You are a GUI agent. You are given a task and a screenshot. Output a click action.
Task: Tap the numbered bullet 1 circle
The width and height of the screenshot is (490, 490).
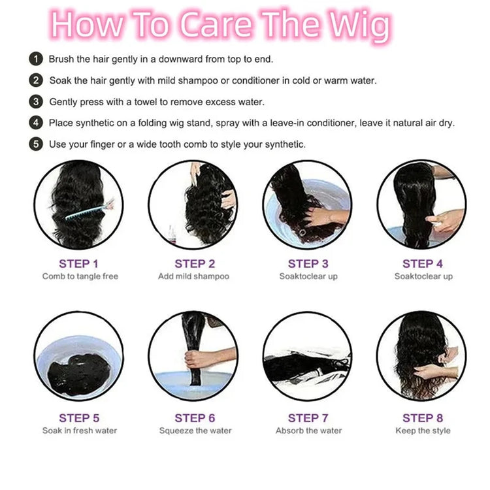pos(36,59)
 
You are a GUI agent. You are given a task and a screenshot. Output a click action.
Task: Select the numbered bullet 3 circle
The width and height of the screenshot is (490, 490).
pos(36,102)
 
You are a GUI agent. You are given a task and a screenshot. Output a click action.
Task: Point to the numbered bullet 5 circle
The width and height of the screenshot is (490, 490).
pos(36,144)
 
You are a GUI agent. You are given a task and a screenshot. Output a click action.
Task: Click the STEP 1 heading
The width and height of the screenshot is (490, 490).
pos(79,264)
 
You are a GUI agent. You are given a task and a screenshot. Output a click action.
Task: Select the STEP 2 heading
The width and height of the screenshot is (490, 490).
pos(195,264)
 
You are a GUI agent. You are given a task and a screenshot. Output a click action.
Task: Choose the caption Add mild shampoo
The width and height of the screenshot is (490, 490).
pos(194,276)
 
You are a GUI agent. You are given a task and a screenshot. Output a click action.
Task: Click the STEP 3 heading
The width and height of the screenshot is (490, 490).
pos(308,264)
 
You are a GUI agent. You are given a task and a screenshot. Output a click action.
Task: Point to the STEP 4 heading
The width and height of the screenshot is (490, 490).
pos(423,264)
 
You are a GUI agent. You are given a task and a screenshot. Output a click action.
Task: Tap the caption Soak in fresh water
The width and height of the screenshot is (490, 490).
pos(80,431)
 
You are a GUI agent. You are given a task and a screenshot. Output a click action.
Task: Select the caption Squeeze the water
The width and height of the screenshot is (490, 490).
pos(195,431)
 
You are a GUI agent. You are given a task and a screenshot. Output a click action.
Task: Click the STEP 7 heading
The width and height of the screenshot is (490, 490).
pos(308,418)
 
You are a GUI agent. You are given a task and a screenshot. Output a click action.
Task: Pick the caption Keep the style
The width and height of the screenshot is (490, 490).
pos(423,431)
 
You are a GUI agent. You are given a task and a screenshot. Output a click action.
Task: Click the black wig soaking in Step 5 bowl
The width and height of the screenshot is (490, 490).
pos(79,374)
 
